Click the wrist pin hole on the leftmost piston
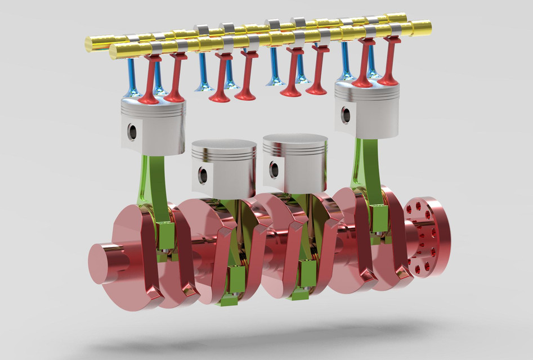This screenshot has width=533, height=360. [x=132, y=132]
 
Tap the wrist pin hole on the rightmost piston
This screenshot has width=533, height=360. [x=346, y=115]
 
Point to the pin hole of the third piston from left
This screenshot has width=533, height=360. [x=274, y=169]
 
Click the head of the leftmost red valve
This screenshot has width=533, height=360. [x=149, y=100]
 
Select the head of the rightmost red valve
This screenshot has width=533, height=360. [x=388, y=80]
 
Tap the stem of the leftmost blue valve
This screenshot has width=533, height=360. [x=131, y=73]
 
